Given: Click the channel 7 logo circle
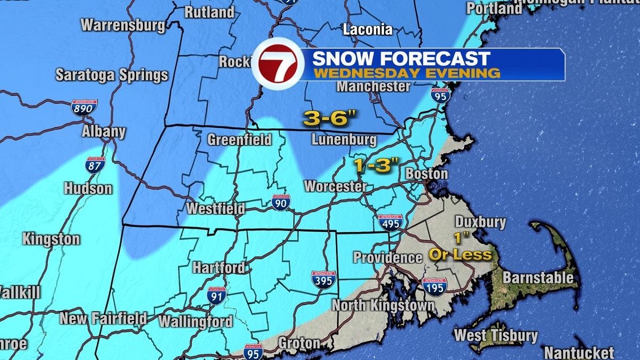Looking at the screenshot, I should [278, 66].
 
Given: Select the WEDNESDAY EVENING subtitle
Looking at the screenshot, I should [406, 73].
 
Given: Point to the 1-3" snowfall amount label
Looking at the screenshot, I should [377, 166].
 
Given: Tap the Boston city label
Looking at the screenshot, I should [427, 174].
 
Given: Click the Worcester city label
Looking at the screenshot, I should [335, 187].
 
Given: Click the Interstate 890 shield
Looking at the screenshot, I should [84, 108].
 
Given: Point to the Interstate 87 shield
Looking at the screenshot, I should [94, 165].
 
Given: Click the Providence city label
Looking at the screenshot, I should [388, 258].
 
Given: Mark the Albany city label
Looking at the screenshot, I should [104, 132].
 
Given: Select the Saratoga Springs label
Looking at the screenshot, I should [112, 75].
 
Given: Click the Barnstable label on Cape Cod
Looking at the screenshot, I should [538, 278].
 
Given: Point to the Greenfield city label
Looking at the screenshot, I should [239, 140].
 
